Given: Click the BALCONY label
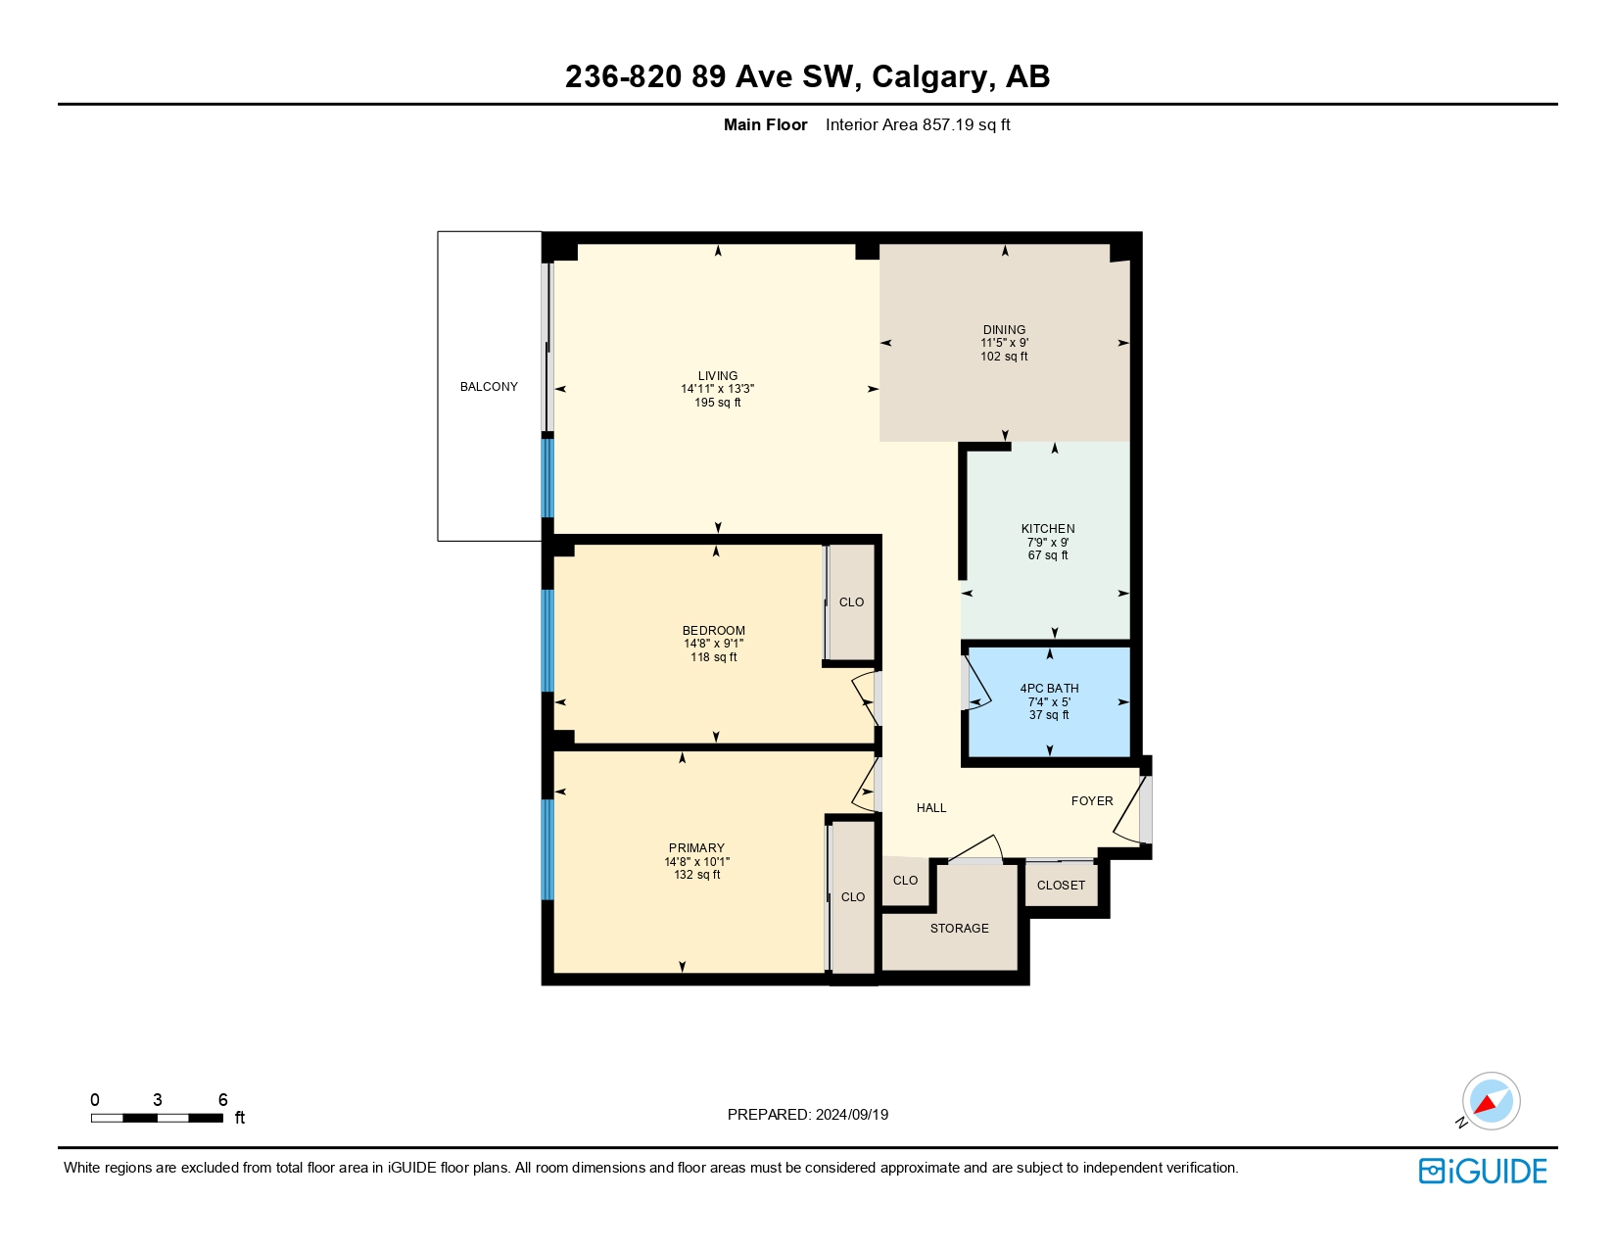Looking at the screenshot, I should point(489,387).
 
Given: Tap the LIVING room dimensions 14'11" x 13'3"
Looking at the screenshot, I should point(717,389).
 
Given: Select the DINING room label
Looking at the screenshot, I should point(1004,330).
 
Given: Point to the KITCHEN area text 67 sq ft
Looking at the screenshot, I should point(1047,555).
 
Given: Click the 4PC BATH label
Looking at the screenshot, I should point(1049,689).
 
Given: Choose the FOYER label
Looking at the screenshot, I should point(1092,801).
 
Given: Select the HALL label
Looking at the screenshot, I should point(931,808).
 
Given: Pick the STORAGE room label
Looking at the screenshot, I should point(959,929).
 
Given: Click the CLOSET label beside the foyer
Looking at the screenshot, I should point(1061,886).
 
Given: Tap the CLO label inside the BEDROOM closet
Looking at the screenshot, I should point(851,602).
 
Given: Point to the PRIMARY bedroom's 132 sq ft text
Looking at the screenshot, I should point(696,875).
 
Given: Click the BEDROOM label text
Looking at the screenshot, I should point(713,631).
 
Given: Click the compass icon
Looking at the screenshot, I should point(1490,1101).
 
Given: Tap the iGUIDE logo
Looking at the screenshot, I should point(1482,1172).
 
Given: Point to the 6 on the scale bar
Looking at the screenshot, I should point(222,1100).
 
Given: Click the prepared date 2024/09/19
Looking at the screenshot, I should point(851,1115).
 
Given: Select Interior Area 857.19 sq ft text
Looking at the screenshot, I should point(917,124).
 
